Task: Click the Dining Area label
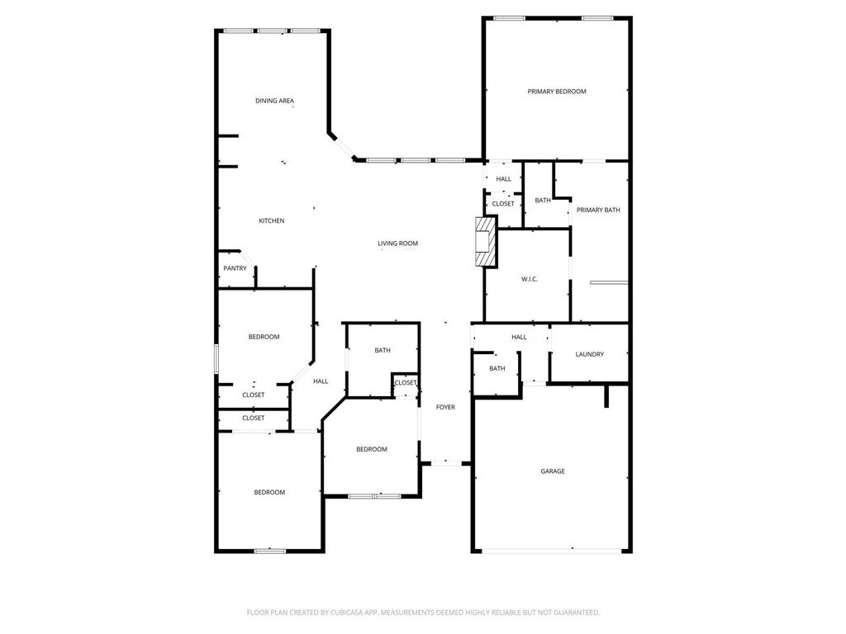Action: click(x=274, y=101)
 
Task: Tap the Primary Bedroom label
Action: click(x=557, y=91)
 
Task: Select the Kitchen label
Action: click(x=272, y=220)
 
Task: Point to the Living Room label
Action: click(x=397, y=244)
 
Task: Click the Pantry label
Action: click(x=235, y=268)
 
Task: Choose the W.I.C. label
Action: click(x=530, y=279)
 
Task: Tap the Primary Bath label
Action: click(x=598, y=210)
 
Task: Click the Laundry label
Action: click(x=589, y=354)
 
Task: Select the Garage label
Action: click(x=553, y=471)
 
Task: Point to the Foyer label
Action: click(x=445, y=407)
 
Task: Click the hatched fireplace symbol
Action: click(x=486, y=241)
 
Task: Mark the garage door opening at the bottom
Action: click(x=552, y=550)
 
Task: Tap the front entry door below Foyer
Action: click(x=446, y=463)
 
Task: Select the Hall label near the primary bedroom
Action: click(x=503, y=178)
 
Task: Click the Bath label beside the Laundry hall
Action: click(x=497, y=368)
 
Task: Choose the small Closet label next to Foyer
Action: click(x=406, y=383)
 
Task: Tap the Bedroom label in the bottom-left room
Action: click(x=269, y=492)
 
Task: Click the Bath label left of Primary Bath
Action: click(x=543, y=200)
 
